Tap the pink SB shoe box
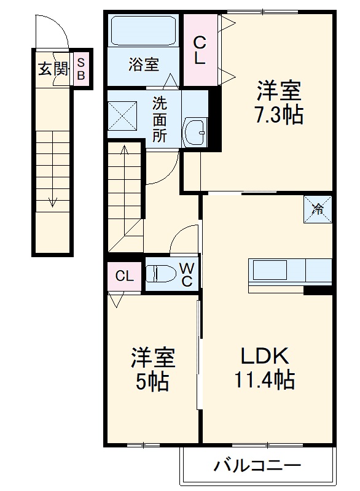click(x=81, y=68)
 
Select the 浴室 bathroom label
click(x=144, y=64)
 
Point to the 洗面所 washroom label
click(x=160, y=118)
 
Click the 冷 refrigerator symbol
click(x=318, y=209)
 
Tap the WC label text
click(x=187, y=274)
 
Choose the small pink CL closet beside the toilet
click(x=124, y=276)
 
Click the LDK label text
click(x=264, y=355)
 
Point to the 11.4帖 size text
click(x=264, y=381)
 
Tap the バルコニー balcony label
click(x=257, y=465)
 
